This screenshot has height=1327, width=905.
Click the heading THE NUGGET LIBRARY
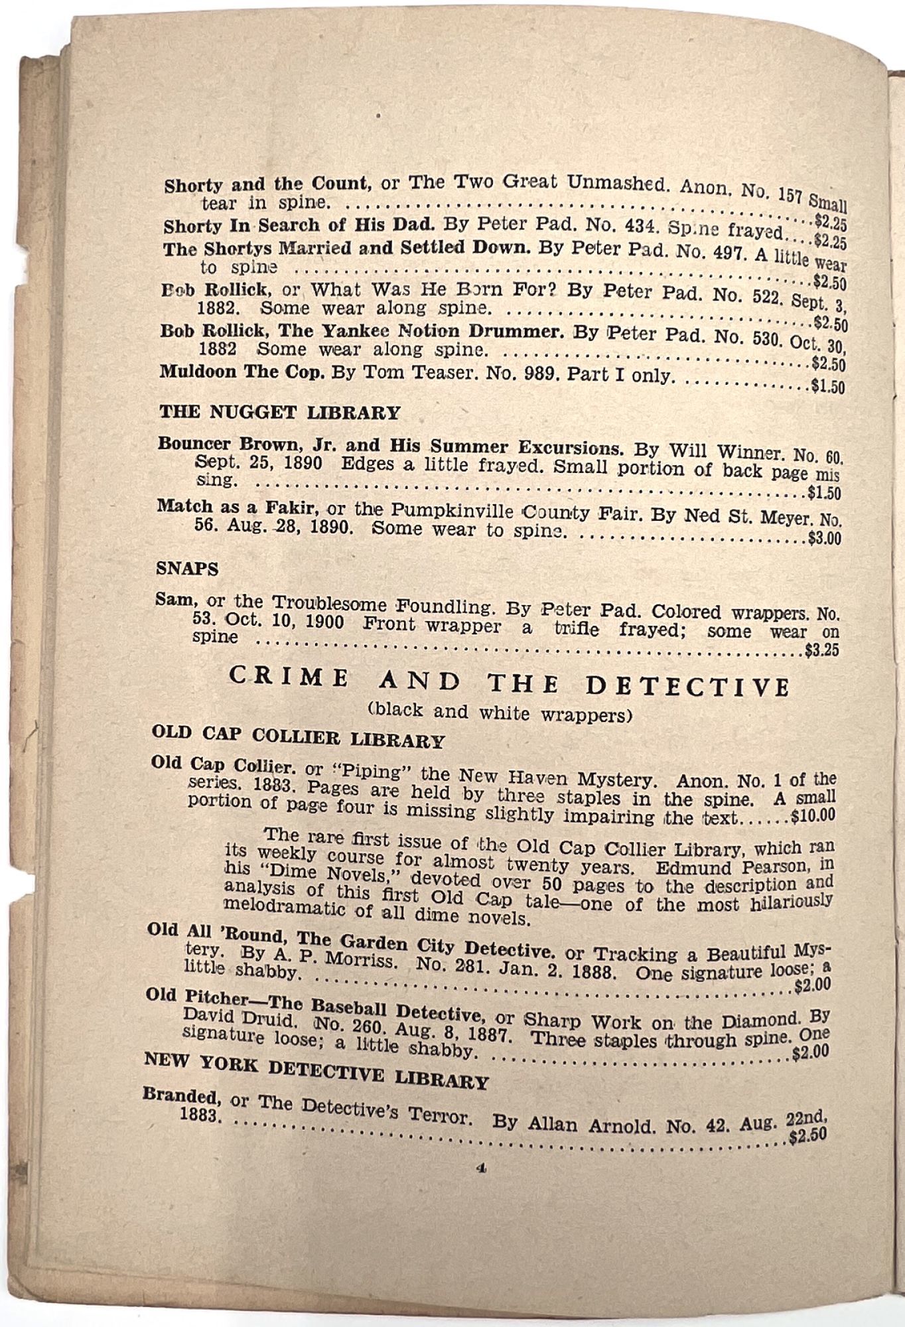click(279, 412)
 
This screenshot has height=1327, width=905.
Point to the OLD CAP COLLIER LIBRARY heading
click(298, 736)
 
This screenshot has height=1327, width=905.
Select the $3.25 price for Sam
click(821, 651)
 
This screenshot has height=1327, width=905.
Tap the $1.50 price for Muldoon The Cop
click(827, 386)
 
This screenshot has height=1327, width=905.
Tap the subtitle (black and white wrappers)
click(500, 713)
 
